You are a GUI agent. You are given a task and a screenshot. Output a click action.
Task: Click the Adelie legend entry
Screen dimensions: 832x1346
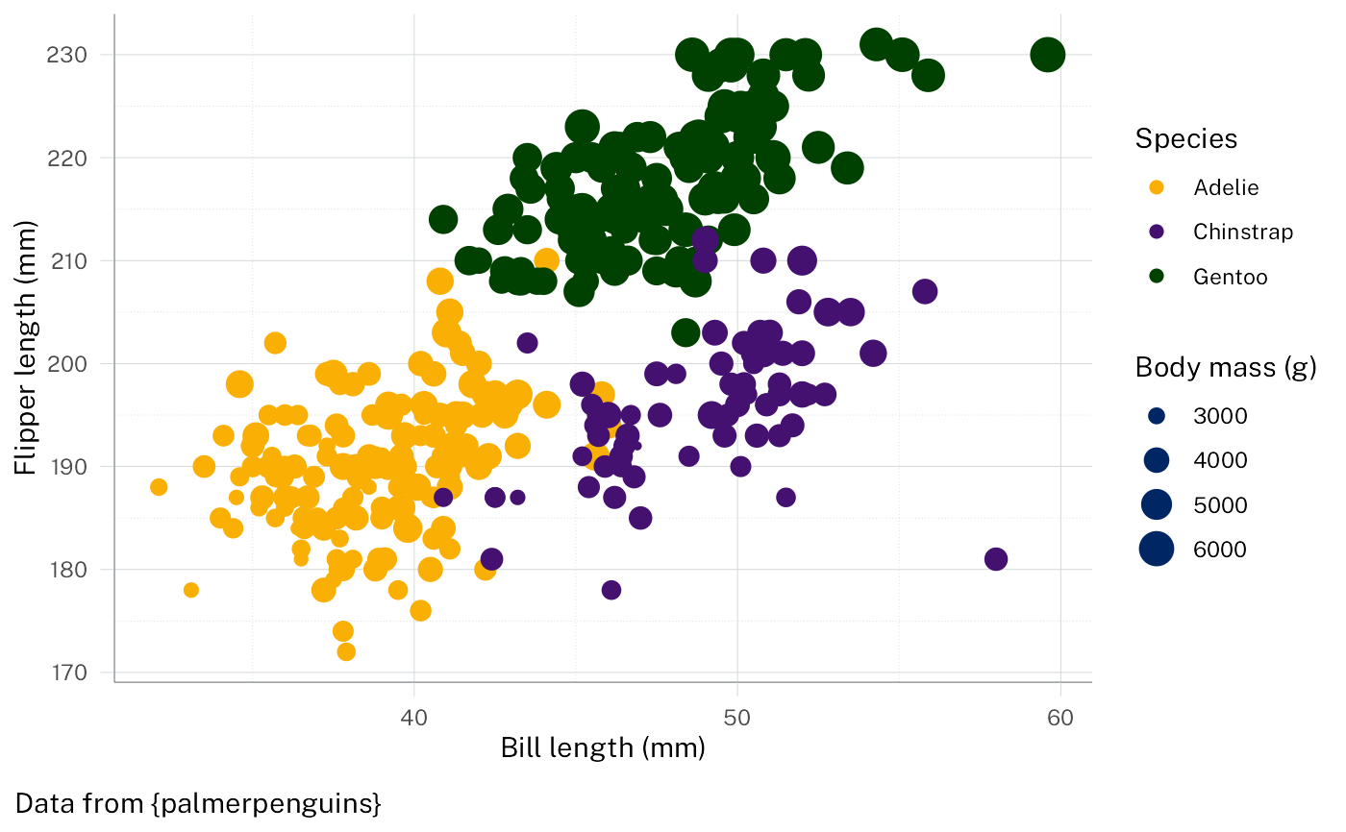[x=1225, y=187]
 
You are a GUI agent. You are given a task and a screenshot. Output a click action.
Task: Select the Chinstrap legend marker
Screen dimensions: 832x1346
[x=1157, y=232]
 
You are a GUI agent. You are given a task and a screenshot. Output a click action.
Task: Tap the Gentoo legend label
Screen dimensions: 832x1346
[x=1230, y=277]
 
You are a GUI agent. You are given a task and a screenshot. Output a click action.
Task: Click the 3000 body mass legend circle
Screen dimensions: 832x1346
[x=1157, y=416]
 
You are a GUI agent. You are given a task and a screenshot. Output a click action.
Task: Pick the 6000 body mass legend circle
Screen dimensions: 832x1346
[x=1157, y=550]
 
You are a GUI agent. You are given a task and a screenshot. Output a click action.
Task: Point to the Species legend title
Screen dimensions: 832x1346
[x=1185, y=139]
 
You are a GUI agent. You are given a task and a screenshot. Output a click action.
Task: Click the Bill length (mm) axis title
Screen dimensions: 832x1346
[x=603, y=747]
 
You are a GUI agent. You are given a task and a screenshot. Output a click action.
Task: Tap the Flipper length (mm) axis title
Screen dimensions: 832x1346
[x=26, y=347]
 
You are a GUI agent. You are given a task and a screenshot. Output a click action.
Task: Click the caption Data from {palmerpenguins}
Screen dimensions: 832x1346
[x=199, y=803]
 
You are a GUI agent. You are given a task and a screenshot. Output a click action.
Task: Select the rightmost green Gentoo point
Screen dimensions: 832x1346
[x=1047, y=55]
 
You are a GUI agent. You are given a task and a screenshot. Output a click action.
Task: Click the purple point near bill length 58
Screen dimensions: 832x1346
[x=996, y=559]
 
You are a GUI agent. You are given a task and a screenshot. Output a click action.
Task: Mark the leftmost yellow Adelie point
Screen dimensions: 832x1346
[x=159, y=487]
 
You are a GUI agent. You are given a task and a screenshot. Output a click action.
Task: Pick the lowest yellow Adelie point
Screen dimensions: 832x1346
[x=346, y=652]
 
